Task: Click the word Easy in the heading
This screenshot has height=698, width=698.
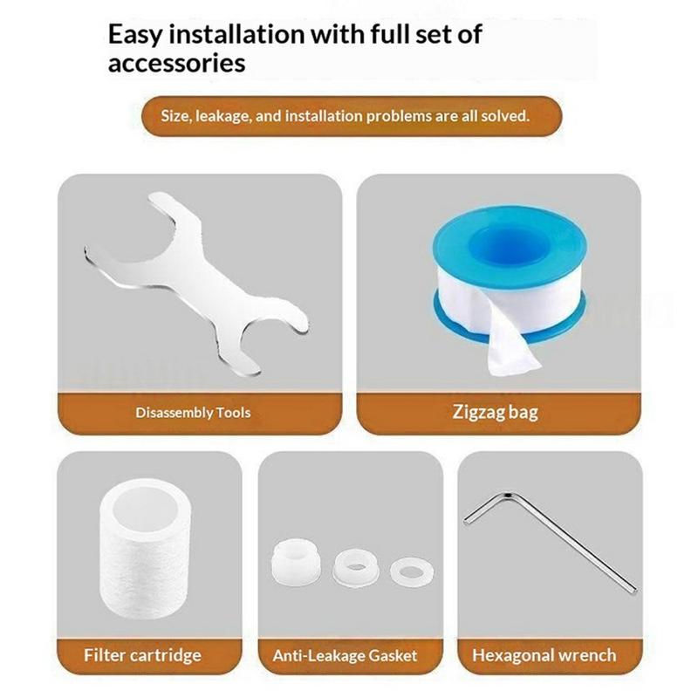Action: [135, 35]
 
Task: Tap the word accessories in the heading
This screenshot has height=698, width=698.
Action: [177, 63]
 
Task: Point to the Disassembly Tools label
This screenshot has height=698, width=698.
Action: [193, 413]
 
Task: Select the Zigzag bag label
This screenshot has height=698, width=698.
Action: [495, 412]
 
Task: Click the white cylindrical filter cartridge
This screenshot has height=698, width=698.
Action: [146, 550]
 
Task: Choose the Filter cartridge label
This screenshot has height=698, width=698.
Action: [142, 655]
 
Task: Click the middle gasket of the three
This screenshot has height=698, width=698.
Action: [355, 567]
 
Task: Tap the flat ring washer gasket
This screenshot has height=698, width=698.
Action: [412, 571]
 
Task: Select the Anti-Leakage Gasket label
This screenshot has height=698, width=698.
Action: [345, 656]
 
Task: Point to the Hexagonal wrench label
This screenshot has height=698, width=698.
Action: [544, 655]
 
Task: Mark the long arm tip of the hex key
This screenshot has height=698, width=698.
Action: [634, 590]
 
